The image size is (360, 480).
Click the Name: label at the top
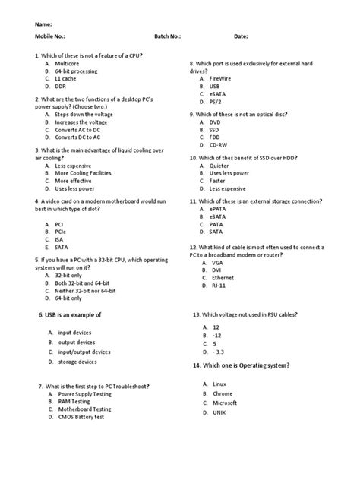pos(44,23)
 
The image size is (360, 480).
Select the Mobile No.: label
pos(49,36)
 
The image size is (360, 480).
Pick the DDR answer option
pos(62,86)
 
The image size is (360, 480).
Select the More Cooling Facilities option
pos(83,172)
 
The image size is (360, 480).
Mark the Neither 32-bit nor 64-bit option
pos(85,291)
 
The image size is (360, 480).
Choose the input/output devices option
pos(84,352)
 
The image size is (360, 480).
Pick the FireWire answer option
pos(221,78)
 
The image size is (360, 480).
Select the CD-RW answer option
pos(219,144)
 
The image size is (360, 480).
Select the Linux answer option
pos(219,384)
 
